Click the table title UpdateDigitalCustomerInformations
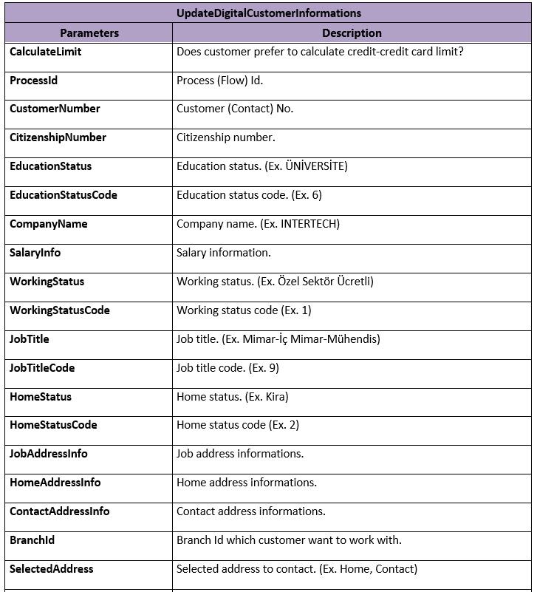coord(269,13)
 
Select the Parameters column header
coord(89,33)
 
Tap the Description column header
coord(352,33)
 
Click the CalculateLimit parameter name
coord(46,52)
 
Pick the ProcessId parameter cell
coord(33,81)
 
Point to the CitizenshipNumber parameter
coord(58,138)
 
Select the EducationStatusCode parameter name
coord(64,196)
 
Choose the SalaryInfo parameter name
coord(35,254)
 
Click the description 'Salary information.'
coord(224,254)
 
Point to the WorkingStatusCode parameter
coord(60,311)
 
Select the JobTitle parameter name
coord(30,340)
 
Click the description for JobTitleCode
coord(228,368)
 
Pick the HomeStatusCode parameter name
coord(53,426)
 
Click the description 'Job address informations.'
coord(240,454)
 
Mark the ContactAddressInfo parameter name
coord(60,511)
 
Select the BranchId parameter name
coord(33,540)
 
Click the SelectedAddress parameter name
coord(52,569)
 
